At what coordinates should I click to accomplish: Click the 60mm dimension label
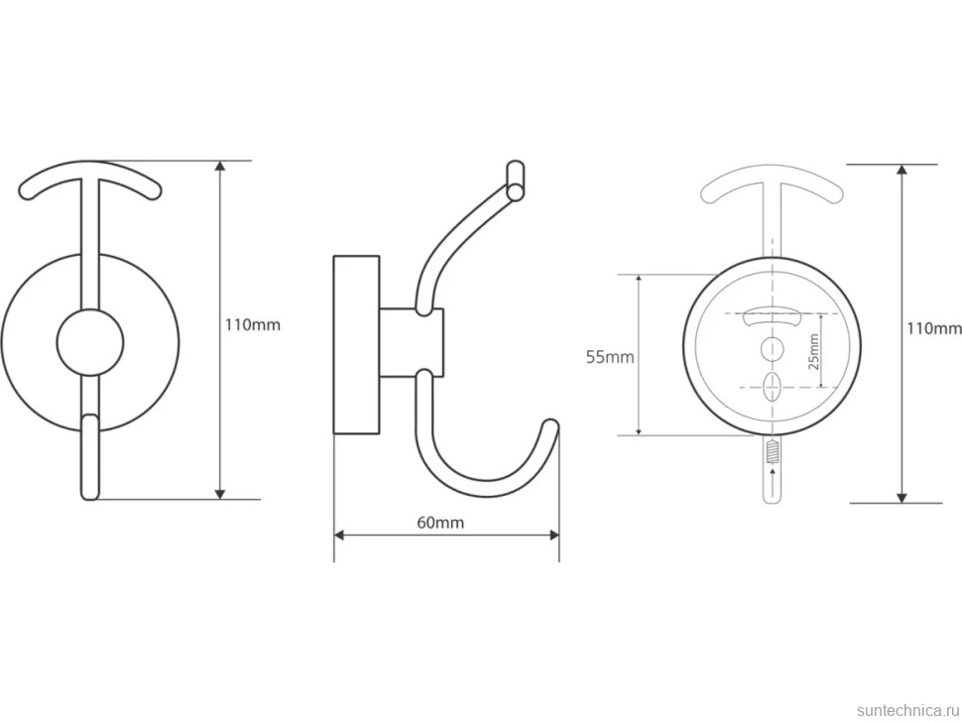pos(440,523)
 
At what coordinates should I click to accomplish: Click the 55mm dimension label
pos(610,357)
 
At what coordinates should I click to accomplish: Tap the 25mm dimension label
pos(813,351)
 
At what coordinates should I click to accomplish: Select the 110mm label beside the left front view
pos(252,324)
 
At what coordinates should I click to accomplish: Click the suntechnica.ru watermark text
pos(907,710)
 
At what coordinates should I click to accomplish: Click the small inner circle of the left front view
pos(90,342)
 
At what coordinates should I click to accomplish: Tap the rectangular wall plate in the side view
pos(356,344)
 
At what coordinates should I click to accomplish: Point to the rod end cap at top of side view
pos(516,180)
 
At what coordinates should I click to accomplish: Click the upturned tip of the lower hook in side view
pos(551,425)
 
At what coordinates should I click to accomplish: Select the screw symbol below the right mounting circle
pos(772,454)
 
